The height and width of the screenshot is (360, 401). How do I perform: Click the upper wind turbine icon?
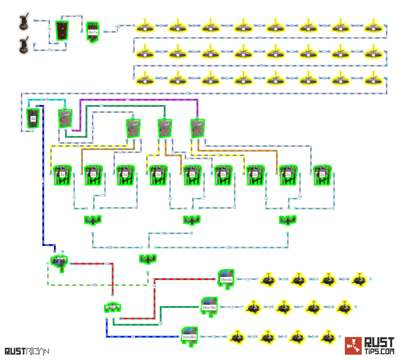coord(24,23)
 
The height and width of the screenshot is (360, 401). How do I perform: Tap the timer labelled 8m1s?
coord(92,32)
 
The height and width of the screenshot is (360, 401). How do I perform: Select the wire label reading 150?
coord(78,16)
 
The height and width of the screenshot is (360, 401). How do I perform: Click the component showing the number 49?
coord(33,118)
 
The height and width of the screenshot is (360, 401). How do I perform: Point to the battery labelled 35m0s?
coord(226,279)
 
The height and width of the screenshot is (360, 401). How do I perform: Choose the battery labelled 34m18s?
coord(209,307)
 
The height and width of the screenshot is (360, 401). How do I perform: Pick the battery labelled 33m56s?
coord(189,337)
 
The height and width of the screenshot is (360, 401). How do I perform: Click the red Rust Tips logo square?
coord(353,346)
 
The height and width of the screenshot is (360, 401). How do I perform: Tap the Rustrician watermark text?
coord(27,351)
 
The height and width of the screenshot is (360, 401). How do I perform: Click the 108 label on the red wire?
coord(107,264)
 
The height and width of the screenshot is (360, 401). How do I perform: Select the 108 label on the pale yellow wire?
coord(93,285)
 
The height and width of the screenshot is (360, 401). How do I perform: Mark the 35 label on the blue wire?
coord(133,337)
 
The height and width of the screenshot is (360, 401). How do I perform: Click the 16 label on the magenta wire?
coord(128,100)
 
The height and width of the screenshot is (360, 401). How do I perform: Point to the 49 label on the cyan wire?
coord(46,99)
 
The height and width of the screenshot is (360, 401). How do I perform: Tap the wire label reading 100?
coord(117,27)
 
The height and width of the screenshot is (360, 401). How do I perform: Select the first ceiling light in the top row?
coord(145,27)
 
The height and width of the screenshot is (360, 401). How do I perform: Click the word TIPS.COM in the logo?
coord(379,352)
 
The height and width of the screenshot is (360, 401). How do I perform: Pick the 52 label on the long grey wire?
coord(187,93)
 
